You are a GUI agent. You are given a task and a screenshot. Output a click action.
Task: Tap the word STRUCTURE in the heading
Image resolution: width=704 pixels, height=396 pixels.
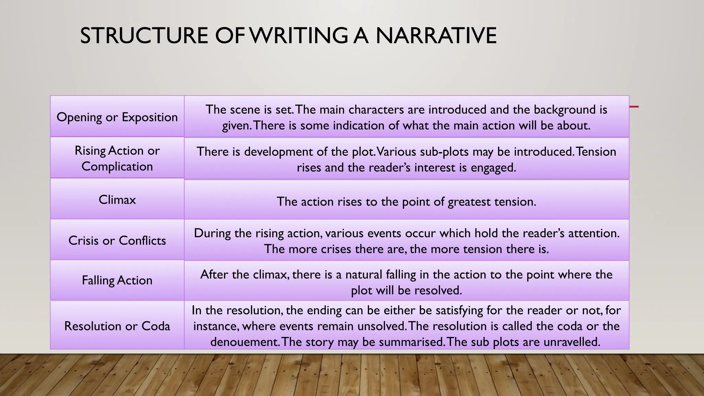pos(144,35)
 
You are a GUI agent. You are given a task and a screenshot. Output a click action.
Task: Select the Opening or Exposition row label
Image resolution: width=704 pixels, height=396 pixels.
pos(117,117)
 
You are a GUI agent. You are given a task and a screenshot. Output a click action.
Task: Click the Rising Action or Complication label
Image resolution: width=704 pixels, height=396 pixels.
pos(117,158)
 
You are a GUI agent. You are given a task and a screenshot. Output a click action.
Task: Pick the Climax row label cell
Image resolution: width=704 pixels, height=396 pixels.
pos(117,200)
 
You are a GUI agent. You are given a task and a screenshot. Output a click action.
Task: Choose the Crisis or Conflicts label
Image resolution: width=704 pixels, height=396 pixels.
pos(117,240)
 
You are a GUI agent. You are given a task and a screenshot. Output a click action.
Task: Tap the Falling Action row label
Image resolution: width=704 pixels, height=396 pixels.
pos(117,280)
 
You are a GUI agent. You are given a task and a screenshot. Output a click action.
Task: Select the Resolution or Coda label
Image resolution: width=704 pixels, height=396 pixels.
pos(117,326)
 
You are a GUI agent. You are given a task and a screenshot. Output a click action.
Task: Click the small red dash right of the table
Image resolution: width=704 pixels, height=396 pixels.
pos(634,107)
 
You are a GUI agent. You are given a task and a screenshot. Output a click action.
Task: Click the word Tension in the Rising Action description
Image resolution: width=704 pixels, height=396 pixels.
pos(596,152)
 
